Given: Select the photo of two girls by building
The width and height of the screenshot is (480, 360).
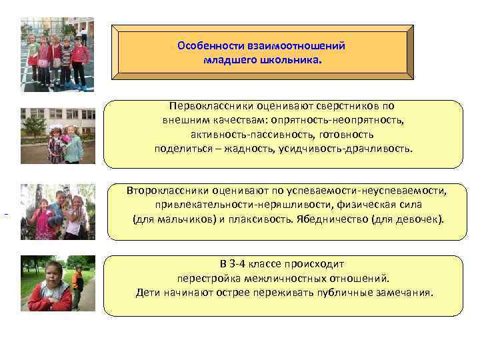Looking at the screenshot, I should click(57, 136).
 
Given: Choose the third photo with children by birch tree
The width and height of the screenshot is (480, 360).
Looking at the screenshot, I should click(57, 212).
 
